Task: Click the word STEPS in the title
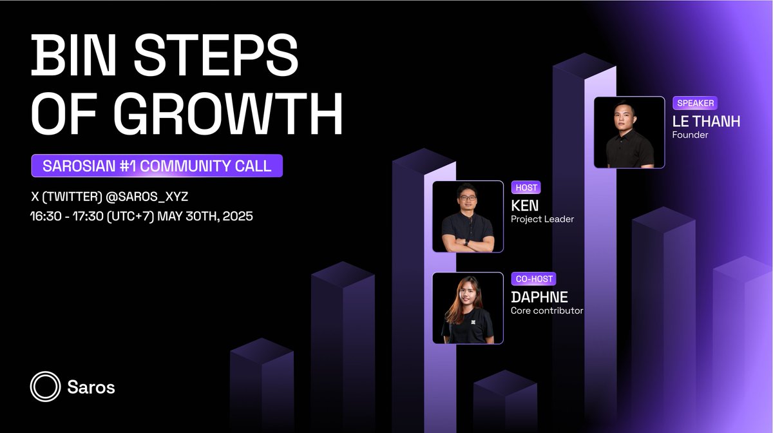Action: click(216, 55)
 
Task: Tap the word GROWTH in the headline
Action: click(228, 113)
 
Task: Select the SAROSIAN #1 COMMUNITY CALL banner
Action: click(157, 166)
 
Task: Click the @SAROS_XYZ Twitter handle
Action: click(147, 197)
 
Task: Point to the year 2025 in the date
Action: click(238, 216)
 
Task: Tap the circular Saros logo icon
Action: click(45, 387)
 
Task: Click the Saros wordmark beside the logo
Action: click(91, 387)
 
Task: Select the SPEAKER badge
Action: click(695, 103)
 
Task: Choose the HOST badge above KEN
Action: click(526, 188)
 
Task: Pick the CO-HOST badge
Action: click(534, 278)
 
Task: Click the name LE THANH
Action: click(706, 122)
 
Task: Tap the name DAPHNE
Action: click(539, 297)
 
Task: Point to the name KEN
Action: click(524, 206)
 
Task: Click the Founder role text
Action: click(690, 135)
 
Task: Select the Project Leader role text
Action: click(542, 219)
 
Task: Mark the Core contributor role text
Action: click(547, 311)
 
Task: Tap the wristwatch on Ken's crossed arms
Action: click(466, 242)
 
